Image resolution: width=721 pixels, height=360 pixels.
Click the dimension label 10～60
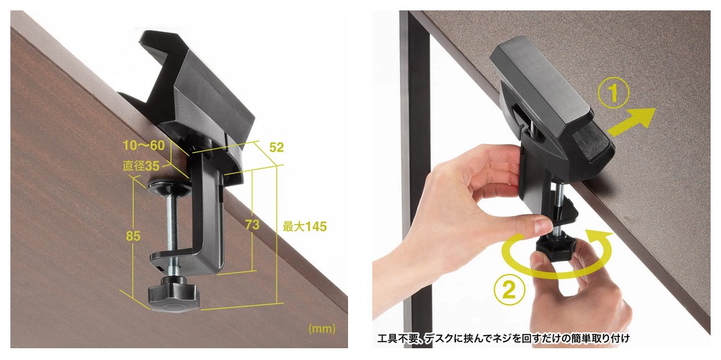(143, 146)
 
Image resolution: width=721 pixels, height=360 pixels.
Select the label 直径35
(141, 165)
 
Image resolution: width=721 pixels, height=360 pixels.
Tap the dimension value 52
(277, 147)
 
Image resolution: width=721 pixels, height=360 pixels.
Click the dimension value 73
(252, 225)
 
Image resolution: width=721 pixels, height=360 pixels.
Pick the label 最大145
(304, 226)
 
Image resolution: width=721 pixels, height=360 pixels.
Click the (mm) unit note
(322, 329)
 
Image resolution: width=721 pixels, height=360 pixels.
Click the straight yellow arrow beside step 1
(632, 122)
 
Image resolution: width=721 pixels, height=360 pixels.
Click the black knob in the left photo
(174, 294)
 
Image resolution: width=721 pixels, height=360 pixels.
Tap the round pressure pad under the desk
(170, 188)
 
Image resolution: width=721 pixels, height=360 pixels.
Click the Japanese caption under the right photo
(503, 339)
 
